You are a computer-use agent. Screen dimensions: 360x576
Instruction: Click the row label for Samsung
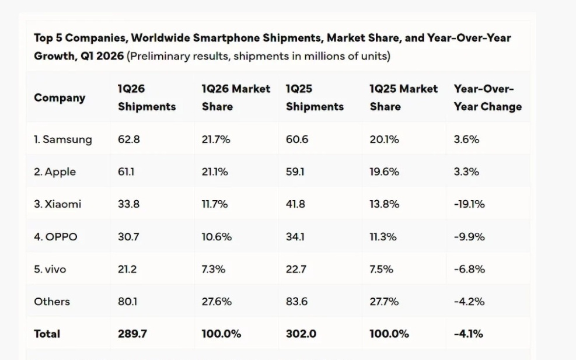[62, 139]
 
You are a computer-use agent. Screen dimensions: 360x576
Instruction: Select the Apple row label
[55, 172]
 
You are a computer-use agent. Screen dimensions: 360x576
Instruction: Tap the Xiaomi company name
[57, 204]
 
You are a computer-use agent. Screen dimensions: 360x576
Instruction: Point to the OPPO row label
[55, 237]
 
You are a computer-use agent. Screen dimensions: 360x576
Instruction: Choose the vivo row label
[50, 269]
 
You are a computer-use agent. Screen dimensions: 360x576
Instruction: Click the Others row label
[52, 302]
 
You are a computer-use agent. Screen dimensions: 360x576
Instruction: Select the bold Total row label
[47, 334]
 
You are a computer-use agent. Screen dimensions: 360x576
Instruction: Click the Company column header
[60, 98]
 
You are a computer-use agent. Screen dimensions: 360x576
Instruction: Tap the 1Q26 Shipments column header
[146, 98]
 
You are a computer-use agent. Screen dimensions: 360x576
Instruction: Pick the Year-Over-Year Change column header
[487, 98]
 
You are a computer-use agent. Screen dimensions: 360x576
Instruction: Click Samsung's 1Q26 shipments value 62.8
[129, 139]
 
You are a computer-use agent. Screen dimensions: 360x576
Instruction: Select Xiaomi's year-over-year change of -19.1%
[469, 204]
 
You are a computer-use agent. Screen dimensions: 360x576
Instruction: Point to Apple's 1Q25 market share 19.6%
[385, 172]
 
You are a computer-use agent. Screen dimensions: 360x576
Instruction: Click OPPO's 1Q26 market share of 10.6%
[217, 237]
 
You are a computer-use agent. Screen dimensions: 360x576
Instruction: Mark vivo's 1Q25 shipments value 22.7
[296, 269]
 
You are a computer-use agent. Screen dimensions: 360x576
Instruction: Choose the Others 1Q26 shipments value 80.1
[128, 302]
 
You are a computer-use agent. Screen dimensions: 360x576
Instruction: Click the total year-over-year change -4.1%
[469, 334]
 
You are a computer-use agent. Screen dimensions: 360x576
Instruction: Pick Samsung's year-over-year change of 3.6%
[466, 139]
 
